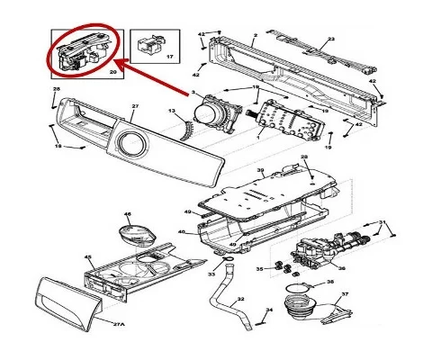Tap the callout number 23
330,40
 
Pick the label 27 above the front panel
135,106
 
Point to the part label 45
88,257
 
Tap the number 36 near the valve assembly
341,266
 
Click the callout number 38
329,282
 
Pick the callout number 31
382,221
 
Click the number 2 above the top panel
255,34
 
